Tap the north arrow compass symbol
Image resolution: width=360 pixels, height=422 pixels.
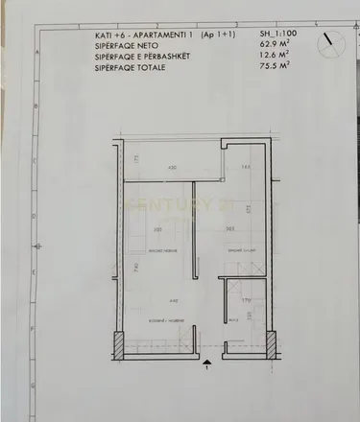tap(331, 42)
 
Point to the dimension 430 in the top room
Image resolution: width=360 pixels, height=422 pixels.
tap(174, 169)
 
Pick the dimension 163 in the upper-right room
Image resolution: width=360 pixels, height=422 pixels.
tap(246, 169)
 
